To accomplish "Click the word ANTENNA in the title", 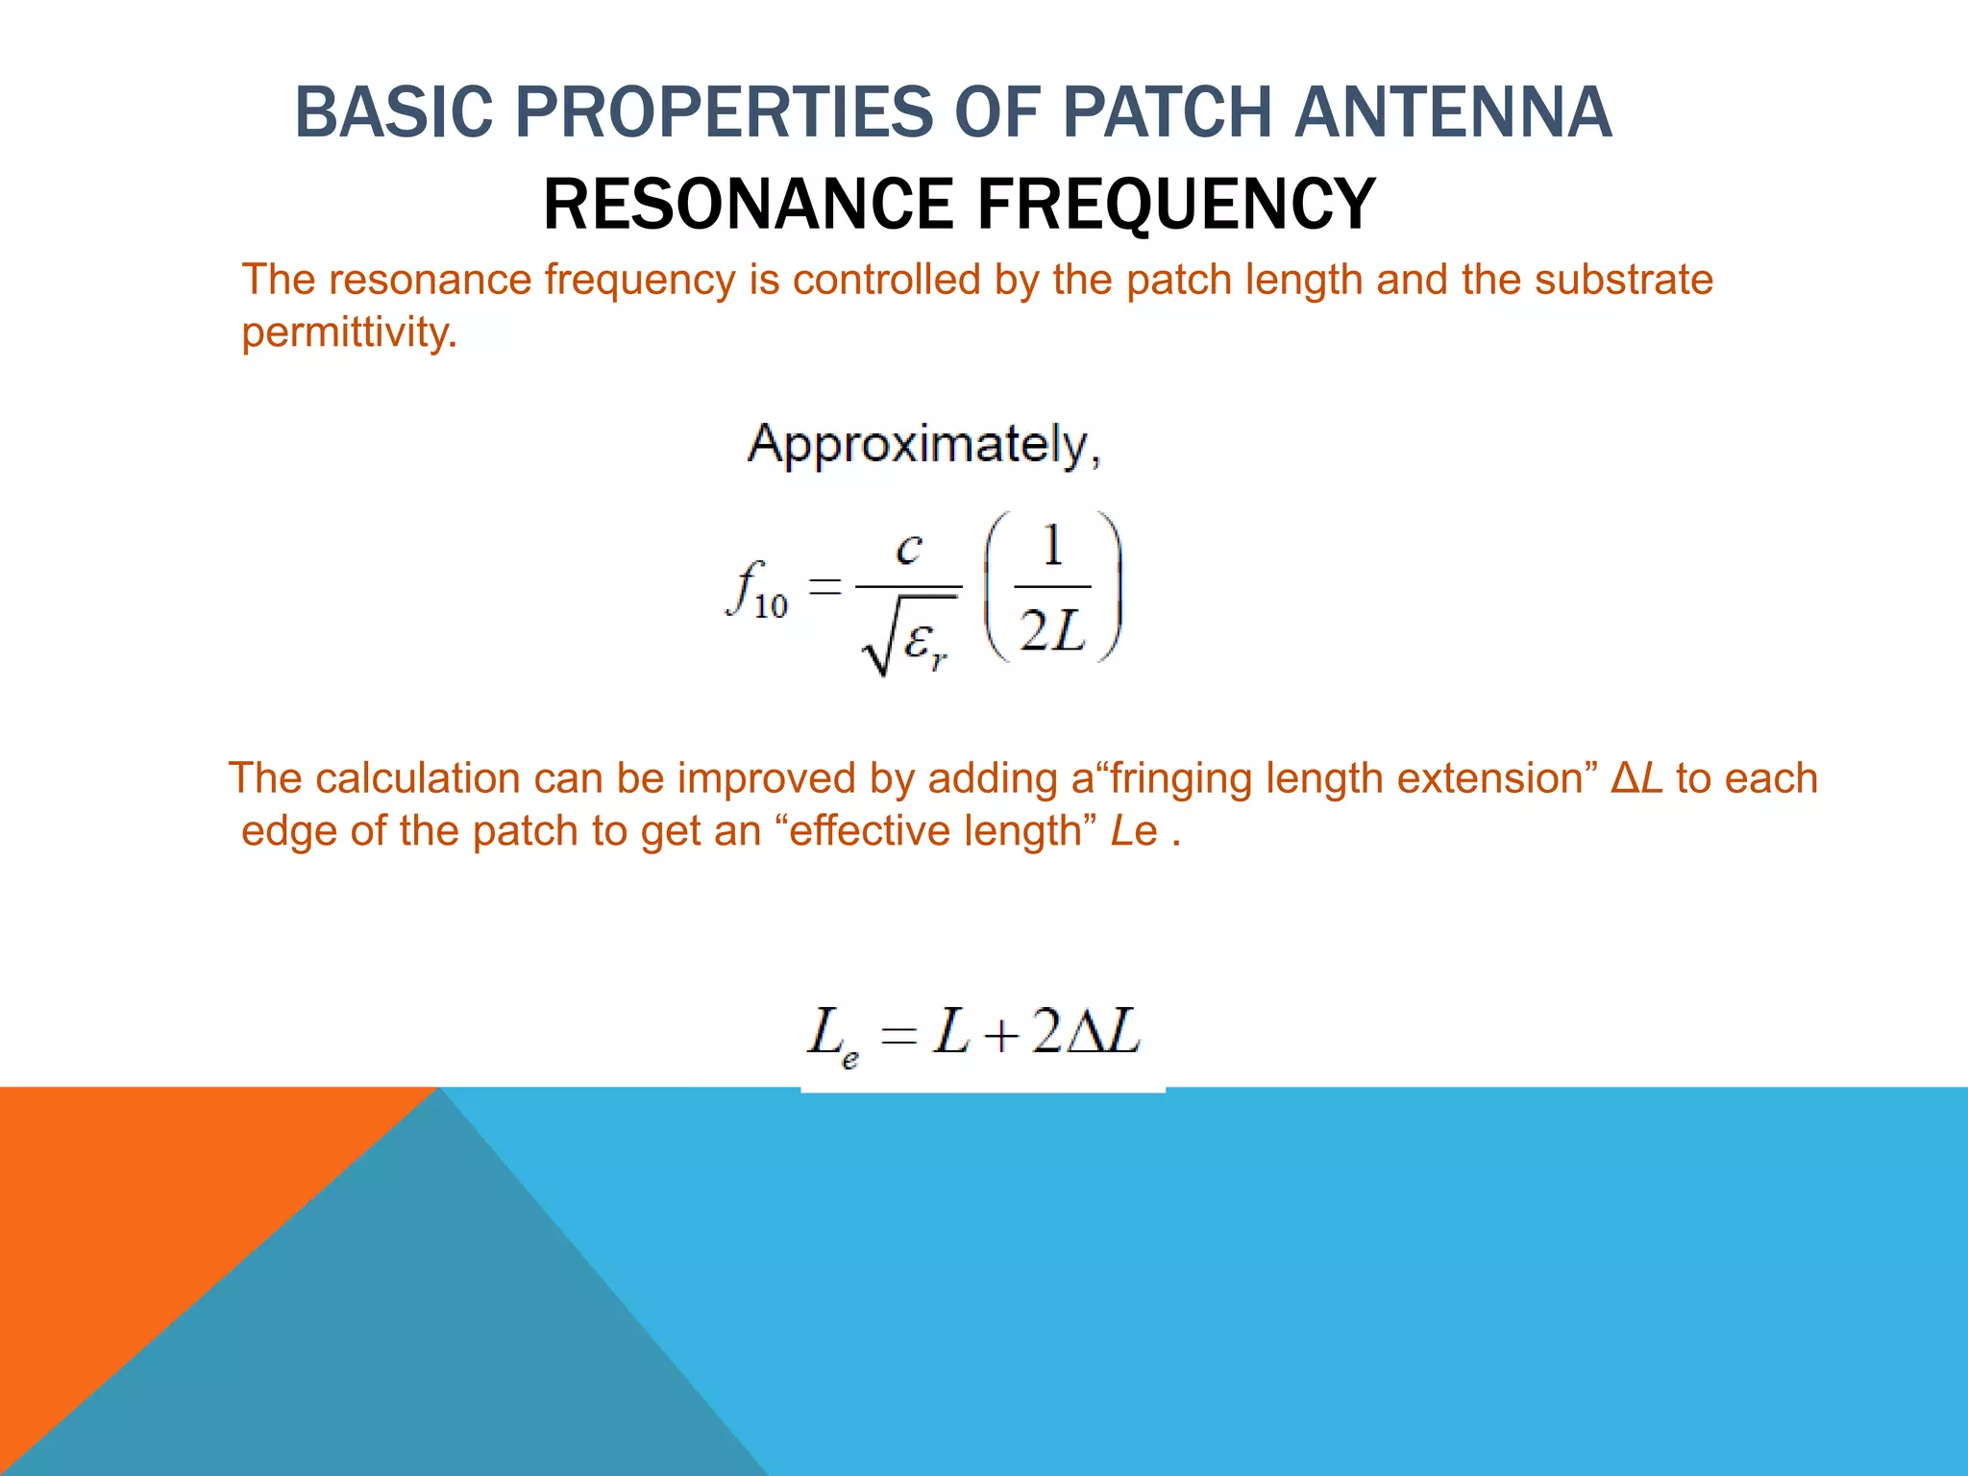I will [x=1452, y=112].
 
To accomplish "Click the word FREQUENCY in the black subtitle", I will [x=1176, y=205].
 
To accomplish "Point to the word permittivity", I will [x=349, y=332].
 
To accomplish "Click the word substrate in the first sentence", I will [x=1623, y=280].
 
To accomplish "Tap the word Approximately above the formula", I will [x=922, y=446].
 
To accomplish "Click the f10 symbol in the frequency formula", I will [x=757, y=589].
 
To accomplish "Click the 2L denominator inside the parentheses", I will [x=1053, y=631].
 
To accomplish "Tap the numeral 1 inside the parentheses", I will [x=1053, y=547].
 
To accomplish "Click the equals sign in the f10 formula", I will [x=824, y=586].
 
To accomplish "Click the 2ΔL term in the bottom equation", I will [x=1086, y=1033].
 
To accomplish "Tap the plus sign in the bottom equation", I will [x=999, y=1036].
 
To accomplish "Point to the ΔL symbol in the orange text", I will [x=1636, y=778].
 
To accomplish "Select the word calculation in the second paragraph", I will [x=417, y=778].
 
